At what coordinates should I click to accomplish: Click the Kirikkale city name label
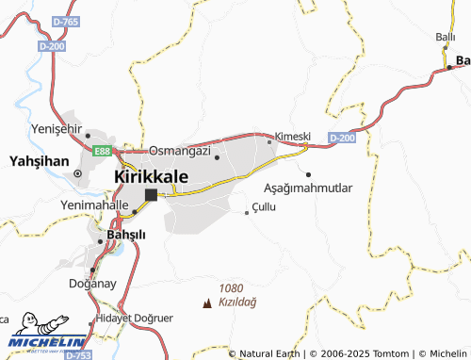pyautogui.click(x=151, y=176)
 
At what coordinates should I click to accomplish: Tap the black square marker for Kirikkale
pyautogui.click(x=150, y=195)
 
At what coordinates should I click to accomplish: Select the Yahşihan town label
pyautogui.click(x=39, y=161)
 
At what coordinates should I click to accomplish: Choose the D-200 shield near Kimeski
pyautogui.click(x=343, y=139)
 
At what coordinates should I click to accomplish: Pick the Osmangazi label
pyautogui.click(x=178, y=150)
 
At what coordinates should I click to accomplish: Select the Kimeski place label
pyautogui.click(x=292, y=136)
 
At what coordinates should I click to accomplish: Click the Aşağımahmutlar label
pyautogui.click(x=308, y=188)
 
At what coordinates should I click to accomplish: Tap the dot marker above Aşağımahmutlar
pyautogui.click(x=309, y=173)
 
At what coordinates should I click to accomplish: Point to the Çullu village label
pyautogui.click(x=264, y=206)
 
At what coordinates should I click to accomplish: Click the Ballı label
pyautogui.click(x=445, y=37)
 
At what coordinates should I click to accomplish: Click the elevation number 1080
pyautogui.click(x=230, y=288)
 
